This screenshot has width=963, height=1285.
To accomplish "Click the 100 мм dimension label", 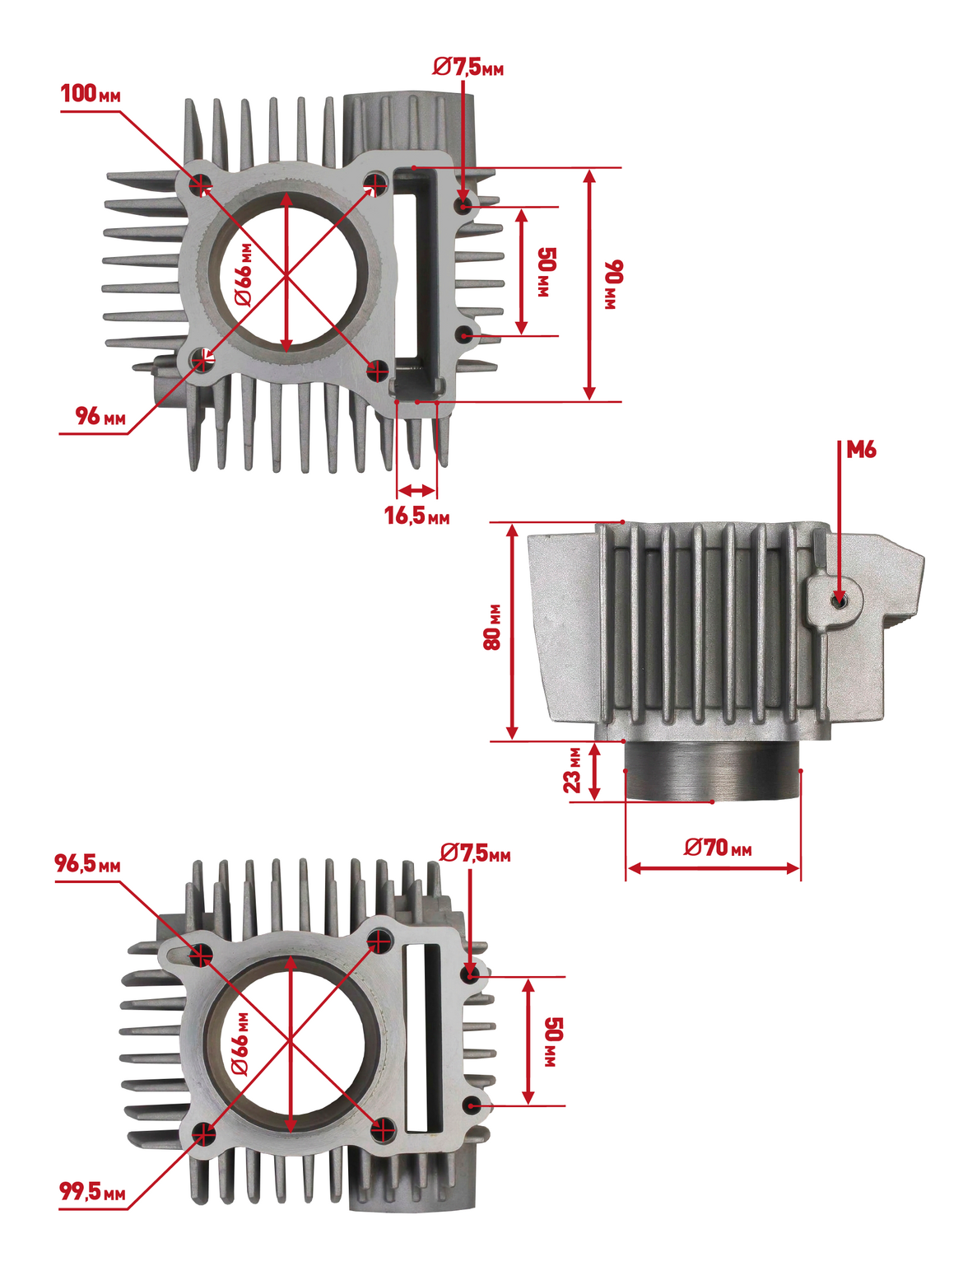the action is point(91,94).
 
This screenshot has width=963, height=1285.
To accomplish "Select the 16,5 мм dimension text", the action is point(417,516).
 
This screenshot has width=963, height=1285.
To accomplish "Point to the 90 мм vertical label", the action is point(612,285).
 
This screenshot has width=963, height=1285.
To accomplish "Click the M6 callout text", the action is point(861,450).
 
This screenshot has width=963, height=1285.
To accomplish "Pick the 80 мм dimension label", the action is point(492,626).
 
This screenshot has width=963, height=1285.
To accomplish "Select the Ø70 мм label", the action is point(718,847).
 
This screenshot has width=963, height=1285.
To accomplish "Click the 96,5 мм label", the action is point(88,863).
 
